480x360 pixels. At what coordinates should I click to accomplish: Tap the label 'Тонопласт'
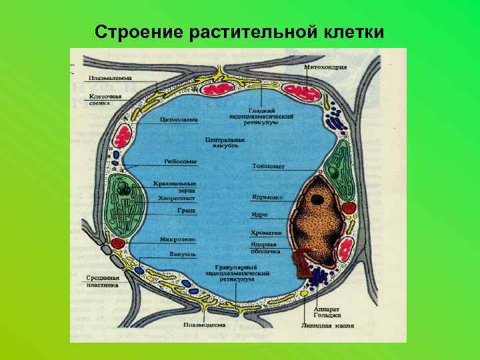(267, 165)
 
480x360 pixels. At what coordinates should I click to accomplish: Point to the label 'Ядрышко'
(267, 197)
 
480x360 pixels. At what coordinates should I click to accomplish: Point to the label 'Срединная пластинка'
(103, 281)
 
